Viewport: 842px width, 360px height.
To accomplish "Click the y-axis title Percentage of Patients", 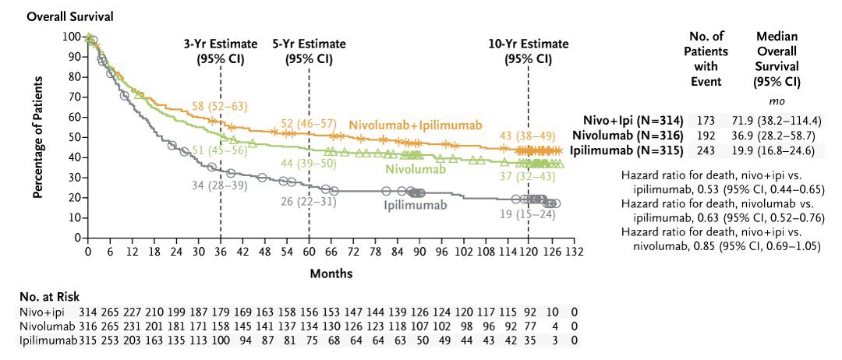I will [x=37, y=137].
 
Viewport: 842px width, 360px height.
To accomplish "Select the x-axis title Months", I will [x=332, y=274].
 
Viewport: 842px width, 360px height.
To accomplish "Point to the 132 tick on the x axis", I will [x=575, y=252].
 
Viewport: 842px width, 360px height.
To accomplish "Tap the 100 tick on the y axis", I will [x=71, y=37].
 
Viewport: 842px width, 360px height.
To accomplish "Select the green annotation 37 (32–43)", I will [x=528, y=180].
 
